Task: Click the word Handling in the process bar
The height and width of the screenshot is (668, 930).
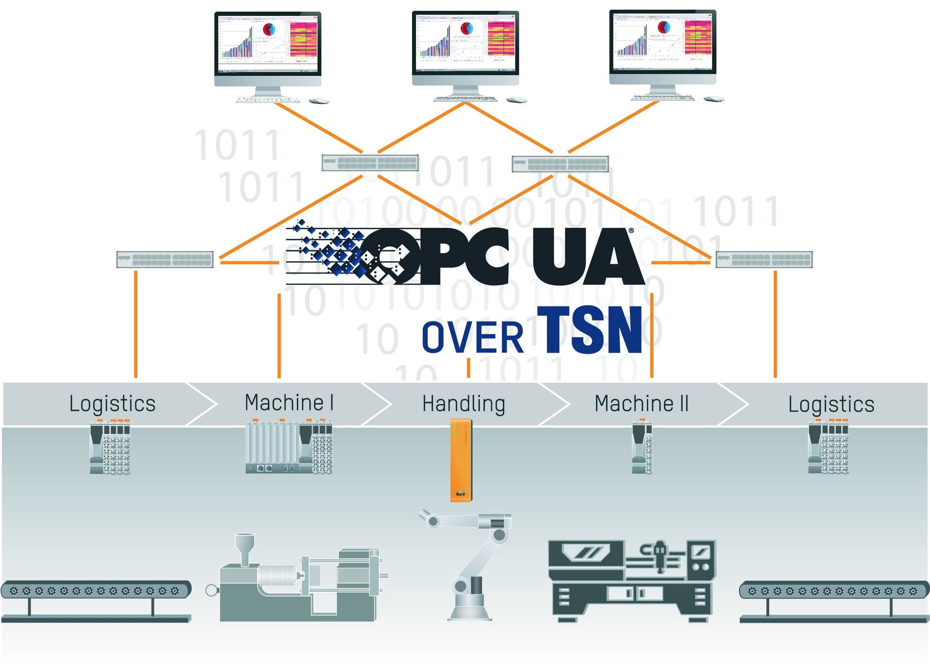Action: point(463,403)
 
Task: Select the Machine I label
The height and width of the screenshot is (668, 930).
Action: point(289,403)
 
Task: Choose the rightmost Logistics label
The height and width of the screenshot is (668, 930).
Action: point(831,404)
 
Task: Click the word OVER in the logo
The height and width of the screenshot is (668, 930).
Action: point(472,337)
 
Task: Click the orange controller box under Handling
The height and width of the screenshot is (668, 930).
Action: point(461,459)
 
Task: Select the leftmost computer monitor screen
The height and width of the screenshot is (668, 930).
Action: point(267,43)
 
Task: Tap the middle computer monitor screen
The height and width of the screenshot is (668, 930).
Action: point(465,43)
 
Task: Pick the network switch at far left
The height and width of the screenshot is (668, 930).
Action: point(165,259)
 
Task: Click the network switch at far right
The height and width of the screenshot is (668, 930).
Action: point(764,259)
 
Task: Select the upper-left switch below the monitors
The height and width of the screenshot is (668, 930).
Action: point(370,163)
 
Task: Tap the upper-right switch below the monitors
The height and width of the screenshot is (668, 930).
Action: point(560,164)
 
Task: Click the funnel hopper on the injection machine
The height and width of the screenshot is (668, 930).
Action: point(245,546)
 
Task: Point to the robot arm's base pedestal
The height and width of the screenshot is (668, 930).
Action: point(470,604)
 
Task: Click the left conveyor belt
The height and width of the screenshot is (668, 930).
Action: point(95,591)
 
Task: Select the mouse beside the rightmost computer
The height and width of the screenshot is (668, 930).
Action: point(713,99)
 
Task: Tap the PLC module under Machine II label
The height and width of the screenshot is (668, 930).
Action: point(642,447)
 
